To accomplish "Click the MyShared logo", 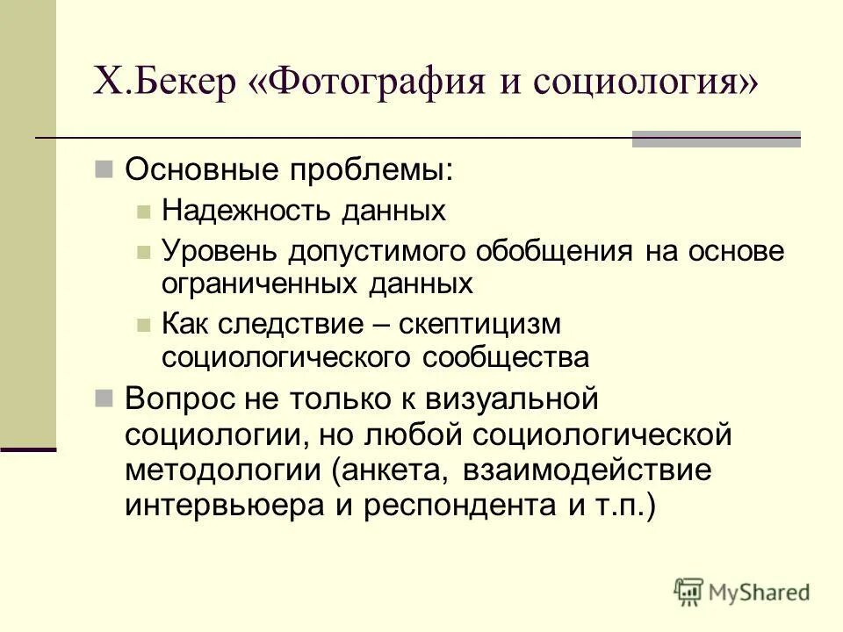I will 742,592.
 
